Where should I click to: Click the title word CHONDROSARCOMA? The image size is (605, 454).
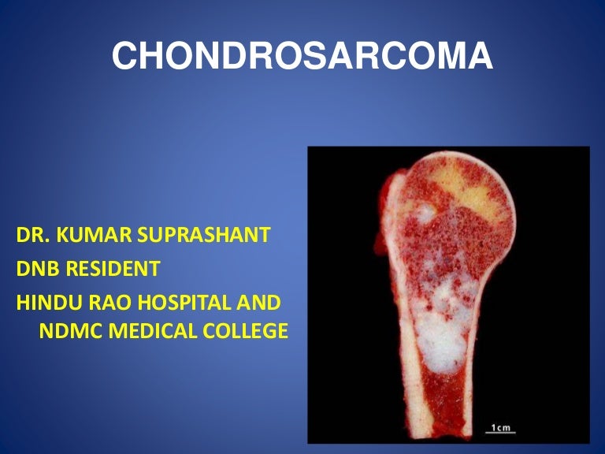[x=302, y=58]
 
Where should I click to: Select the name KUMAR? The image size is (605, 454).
[x=91, y=236]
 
